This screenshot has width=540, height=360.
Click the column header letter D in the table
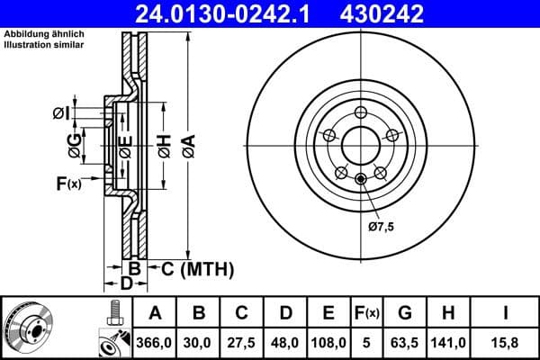pos(284,313)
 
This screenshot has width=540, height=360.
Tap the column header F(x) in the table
pos(366,313)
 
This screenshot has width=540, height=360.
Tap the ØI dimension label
pos(59,112)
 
